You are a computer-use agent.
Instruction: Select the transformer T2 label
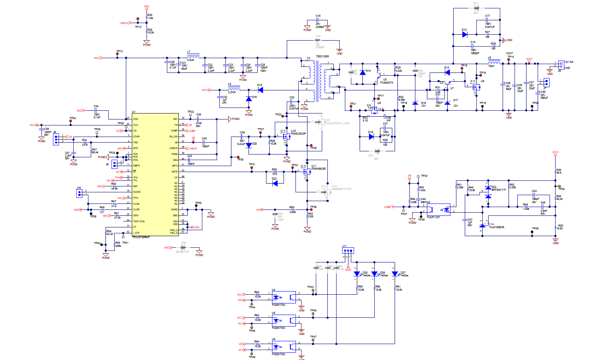tap(308, 59)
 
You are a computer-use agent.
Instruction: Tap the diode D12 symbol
tap(464, 35)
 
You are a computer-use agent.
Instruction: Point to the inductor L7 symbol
tap(193, 57)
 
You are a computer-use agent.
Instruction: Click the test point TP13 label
tap(119, 51)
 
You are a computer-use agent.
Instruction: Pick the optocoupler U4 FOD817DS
tap(284, 297)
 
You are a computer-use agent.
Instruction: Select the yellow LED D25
tap(357, 274)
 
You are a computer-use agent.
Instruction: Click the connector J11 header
tap(348, 250)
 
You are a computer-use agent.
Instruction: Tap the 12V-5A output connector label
tap(568, 62)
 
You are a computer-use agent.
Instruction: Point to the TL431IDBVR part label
tap(496, 227)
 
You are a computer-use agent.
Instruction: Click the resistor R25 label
tap(150, 15)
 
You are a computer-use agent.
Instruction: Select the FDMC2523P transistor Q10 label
tap(298, 134)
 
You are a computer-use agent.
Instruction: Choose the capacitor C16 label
tap(318, 16)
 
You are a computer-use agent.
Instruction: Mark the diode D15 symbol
tap(260, 90)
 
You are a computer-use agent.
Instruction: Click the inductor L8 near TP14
tap(493, 63)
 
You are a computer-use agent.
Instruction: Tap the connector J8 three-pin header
tap(56, 139)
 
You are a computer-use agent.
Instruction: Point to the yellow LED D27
tap(395, 274)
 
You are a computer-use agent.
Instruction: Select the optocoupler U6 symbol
tap(284, 347)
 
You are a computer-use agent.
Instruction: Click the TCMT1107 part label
tap(433, 217)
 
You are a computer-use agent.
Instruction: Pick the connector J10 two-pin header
tap(79, 193)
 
